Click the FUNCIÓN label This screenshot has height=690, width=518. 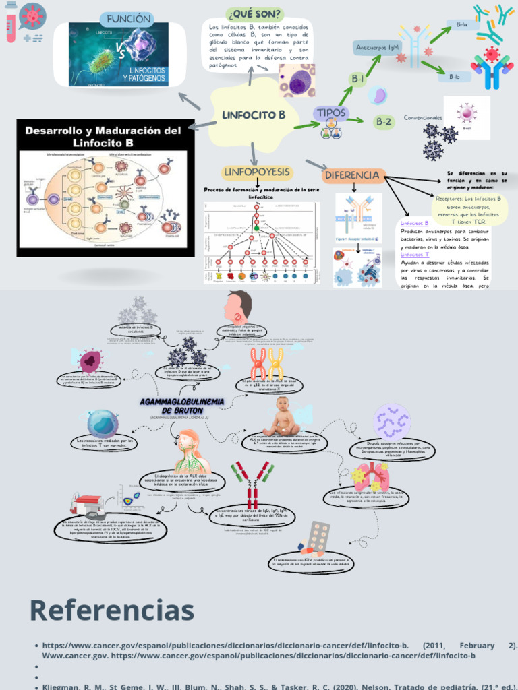tap(125, 19)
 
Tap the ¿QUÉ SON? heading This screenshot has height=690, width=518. tap(256, 14)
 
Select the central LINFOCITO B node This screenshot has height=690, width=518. tap(254, 115)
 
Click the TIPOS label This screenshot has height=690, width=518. tap(331, 113)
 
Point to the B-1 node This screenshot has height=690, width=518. tap(357, 80)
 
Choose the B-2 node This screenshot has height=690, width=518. tap(384, 122)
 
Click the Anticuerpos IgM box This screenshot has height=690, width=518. tap(378, 48)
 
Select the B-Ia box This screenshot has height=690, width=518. tap(462, 24)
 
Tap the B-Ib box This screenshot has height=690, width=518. tap(455, 77)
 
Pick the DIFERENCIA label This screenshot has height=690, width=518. tap(352, 175)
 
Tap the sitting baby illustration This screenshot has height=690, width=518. tap(283, 417)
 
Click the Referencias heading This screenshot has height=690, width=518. tap(111, 610)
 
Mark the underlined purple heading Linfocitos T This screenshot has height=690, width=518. tap(414, 255)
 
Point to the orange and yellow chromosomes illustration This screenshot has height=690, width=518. tap(266, 365)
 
